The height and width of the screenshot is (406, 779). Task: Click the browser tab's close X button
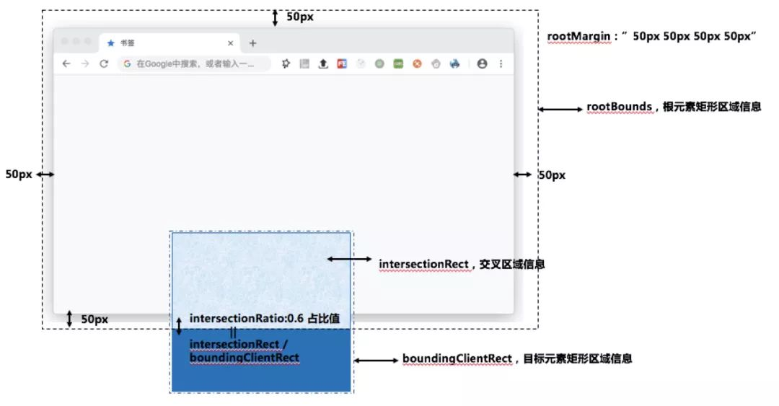pyautogui.click(x=230, y=43)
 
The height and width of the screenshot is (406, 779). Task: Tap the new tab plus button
pyautogui.click(x=252, y=43)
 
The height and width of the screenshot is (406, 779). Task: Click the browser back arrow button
pyautogui.click(x=66, y=63)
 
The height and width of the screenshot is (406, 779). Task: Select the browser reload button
pyautogui.click(x=104, y=63)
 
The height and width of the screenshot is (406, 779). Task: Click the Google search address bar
pyautogui.click(x=195, y=63)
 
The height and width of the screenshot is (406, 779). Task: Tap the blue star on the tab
pyautogui.click(x=110, y=43)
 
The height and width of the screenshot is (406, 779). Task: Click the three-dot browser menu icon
pyautogui.click(x=501, y=63)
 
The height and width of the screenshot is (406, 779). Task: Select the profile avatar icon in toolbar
pyautogui.click(x=482, y=63)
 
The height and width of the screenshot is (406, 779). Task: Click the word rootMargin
pyautogui.click(x=577, y=36)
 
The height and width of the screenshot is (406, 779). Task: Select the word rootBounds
pyautogui.click(x=619, y=107)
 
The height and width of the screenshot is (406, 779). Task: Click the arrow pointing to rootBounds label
pyautogui.click(x=560, y=109)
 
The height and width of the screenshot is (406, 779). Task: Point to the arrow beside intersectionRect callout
pyautogui.click(x=350, y=259)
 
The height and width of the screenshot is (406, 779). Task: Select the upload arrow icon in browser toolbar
pyautogui.click(x=323, y=63)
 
